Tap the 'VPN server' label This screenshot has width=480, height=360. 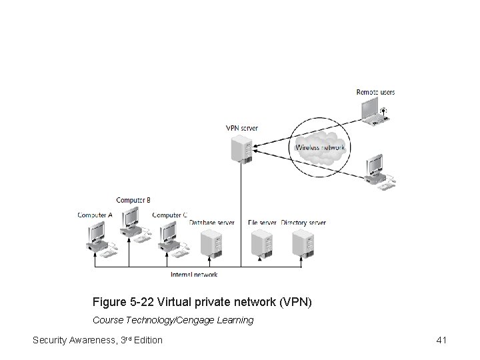(241, 128)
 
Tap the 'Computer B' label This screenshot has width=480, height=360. (133, 199)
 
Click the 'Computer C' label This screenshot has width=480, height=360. (170, 215)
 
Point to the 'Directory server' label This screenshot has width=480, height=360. (303, 222)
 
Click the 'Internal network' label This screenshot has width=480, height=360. (194, 274)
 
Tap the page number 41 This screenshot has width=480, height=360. (441, 341)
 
